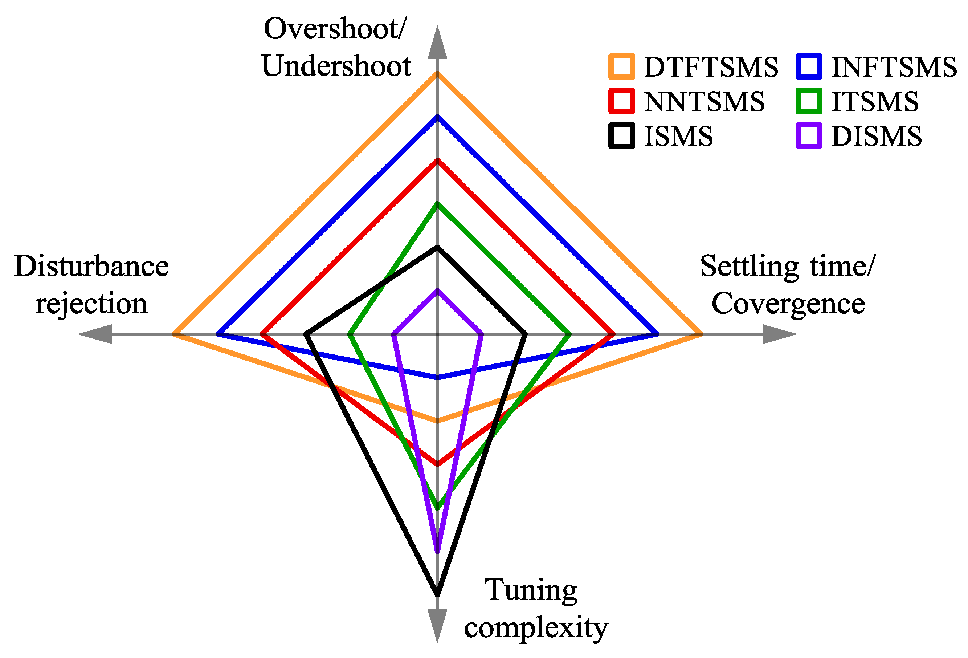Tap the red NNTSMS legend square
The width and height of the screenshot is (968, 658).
coord(621,101)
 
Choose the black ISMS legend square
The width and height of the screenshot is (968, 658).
coord(621,136)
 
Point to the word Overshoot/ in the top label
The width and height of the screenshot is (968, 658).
coord(335,29)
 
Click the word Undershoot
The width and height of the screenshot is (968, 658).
coord(336,66)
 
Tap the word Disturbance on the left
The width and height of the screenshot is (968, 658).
coord(91,266)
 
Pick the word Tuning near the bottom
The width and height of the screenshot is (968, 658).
coord(531,590)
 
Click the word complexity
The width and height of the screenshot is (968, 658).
coord(536,627)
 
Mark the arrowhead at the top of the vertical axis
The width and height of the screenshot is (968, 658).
coord(437,44)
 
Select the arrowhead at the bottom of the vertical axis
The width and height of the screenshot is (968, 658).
coord(437,624)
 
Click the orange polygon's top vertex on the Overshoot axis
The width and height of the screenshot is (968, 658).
coord(437,74)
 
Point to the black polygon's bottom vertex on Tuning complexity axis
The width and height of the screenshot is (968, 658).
coord(437,593)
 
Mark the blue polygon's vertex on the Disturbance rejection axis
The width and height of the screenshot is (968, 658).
coord(218,334)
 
